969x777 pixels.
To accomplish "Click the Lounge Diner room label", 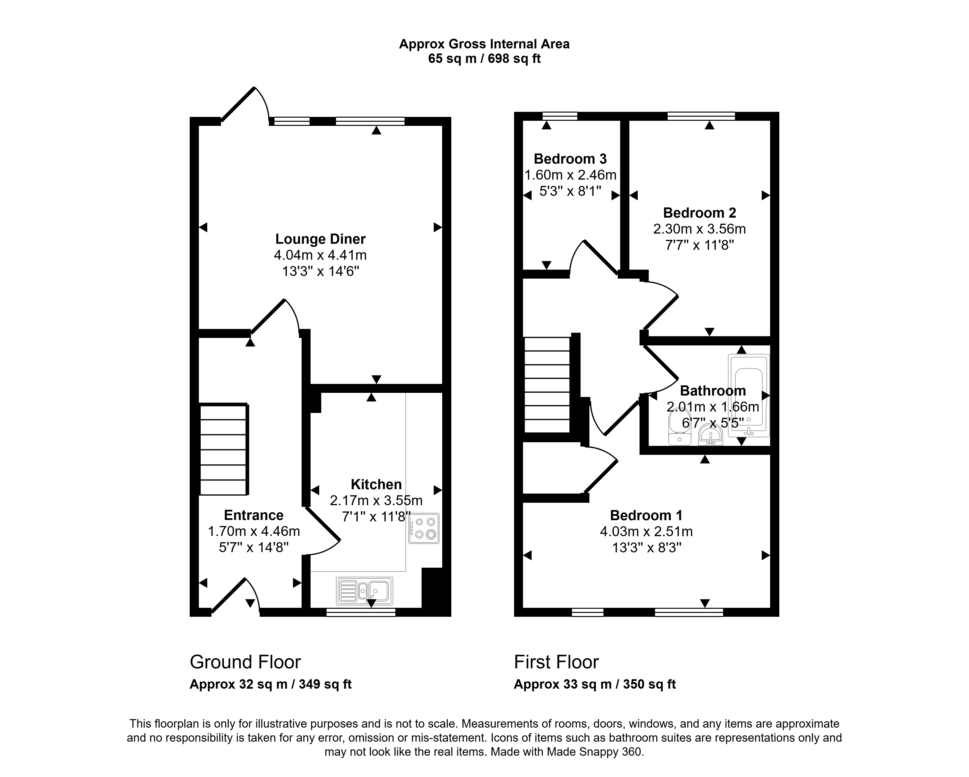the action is (320, 239).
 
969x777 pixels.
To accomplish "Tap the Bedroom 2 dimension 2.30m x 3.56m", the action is (699, 229).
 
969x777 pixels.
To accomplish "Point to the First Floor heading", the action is (556, 662).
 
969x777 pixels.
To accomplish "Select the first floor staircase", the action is (547, 385).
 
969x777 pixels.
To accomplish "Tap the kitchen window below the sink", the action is (361, 612).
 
